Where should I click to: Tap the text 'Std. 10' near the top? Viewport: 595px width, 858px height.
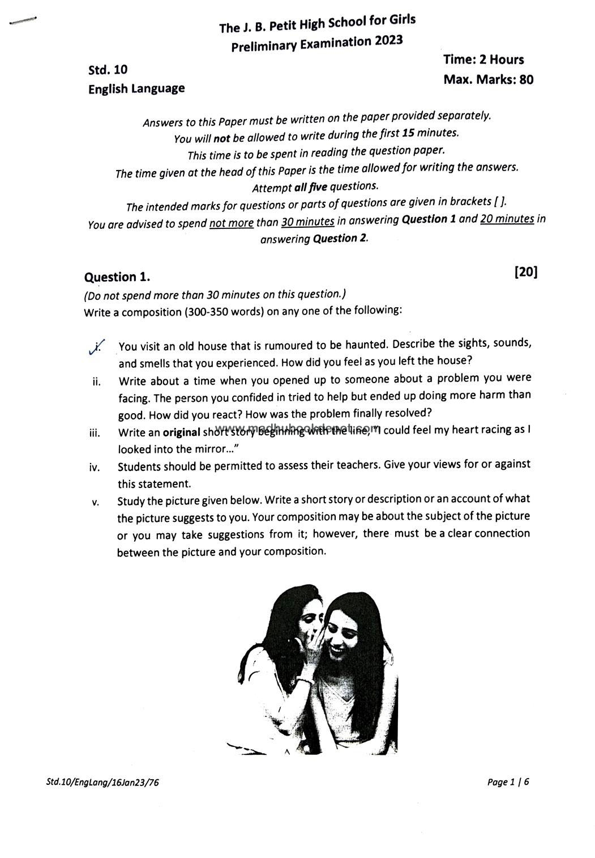click(108, 70)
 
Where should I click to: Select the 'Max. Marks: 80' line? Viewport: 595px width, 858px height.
click(488, 79)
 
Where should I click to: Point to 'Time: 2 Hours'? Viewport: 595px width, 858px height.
click(483, 60)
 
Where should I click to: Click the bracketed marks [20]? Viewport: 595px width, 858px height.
click(526, 272)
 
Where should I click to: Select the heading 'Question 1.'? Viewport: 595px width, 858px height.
click(117, 277)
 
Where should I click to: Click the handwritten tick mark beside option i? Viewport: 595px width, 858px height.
click(96, 347)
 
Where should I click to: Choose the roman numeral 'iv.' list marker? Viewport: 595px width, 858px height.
click(95, 468)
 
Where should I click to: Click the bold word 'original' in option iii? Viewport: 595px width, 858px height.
click(181, 432)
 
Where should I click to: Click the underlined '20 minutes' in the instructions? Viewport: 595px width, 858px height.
click(507, 218)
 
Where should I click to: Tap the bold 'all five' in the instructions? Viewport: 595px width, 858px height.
click(311, 187)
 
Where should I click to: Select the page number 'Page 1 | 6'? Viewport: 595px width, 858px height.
click(508, 782)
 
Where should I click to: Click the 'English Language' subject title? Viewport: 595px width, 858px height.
click(136, 88)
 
